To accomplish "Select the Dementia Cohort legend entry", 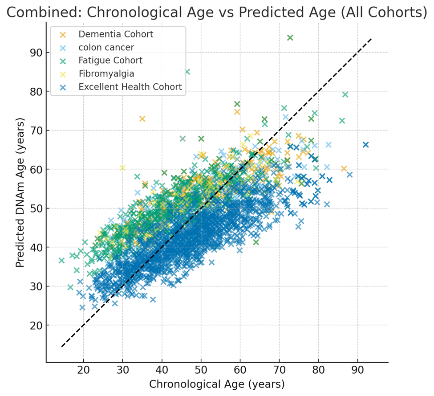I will (x=116, y=34).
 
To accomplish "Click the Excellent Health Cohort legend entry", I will (x=130, y=87).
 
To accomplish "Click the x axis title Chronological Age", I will (x=216, y=384).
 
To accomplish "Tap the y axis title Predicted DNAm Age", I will (x=20, y=192).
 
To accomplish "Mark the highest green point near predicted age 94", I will (x=290, y=38).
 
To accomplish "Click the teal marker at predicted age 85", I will (x=187, y=72).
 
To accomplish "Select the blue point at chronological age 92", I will (x=366, y=145).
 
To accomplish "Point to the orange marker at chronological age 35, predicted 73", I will (x=142, y=119).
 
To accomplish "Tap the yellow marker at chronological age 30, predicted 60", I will (x=122, y=168).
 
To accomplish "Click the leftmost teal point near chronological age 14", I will (x=61, y=261).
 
